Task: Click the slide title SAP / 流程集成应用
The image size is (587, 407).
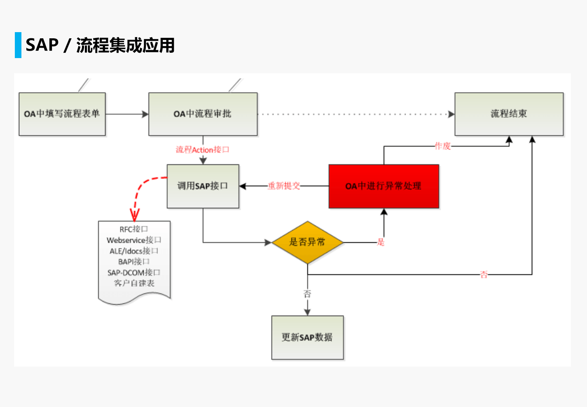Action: tap(100, 45)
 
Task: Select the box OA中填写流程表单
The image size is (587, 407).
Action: tap(62, 114)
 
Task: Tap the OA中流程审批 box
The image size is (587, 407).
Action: tap(203, 114)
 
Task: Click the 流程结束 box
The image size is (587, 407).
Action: tap(509, 114)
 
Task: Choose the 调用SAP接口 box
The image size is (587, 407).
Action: tap(203, 186)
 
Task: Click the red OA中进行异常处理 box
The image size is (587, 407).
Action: tap(384, 186)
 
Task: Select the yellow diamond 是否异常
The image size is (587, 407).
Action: tap(307, 242)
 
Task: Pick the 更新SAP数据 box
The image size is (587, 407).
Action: tap(307, 337)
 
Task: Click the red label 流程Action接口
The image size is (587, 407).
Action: tap(202, 150)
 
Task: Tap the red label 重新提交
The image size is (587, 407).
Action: tap(284, 186)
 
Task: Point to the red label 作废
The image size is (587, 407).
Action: tap(443, 146)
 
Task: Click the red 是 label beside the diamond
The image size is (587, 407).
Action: tap(381, 242)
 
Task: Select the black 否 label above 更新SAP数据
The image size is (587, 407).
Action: tap(307, 294)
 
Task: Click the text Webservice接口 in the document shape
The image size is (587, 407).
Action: tap(134, 240)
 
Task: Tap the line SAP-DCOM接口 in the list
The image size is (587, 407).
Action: tap(134, 273)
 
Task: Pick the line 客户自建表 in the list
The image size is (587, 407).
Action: tap(134, 283)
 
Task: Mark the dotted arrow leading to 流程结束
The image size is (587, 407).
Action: tap(354, 114)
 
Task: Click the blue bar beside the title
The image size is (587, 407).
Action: tap(18, 45)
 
